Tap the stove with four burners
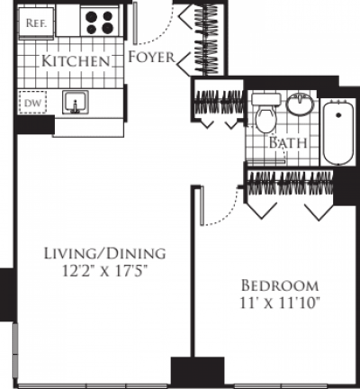[x=100, y=21]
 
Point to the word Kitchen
[x=76, y=61]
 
